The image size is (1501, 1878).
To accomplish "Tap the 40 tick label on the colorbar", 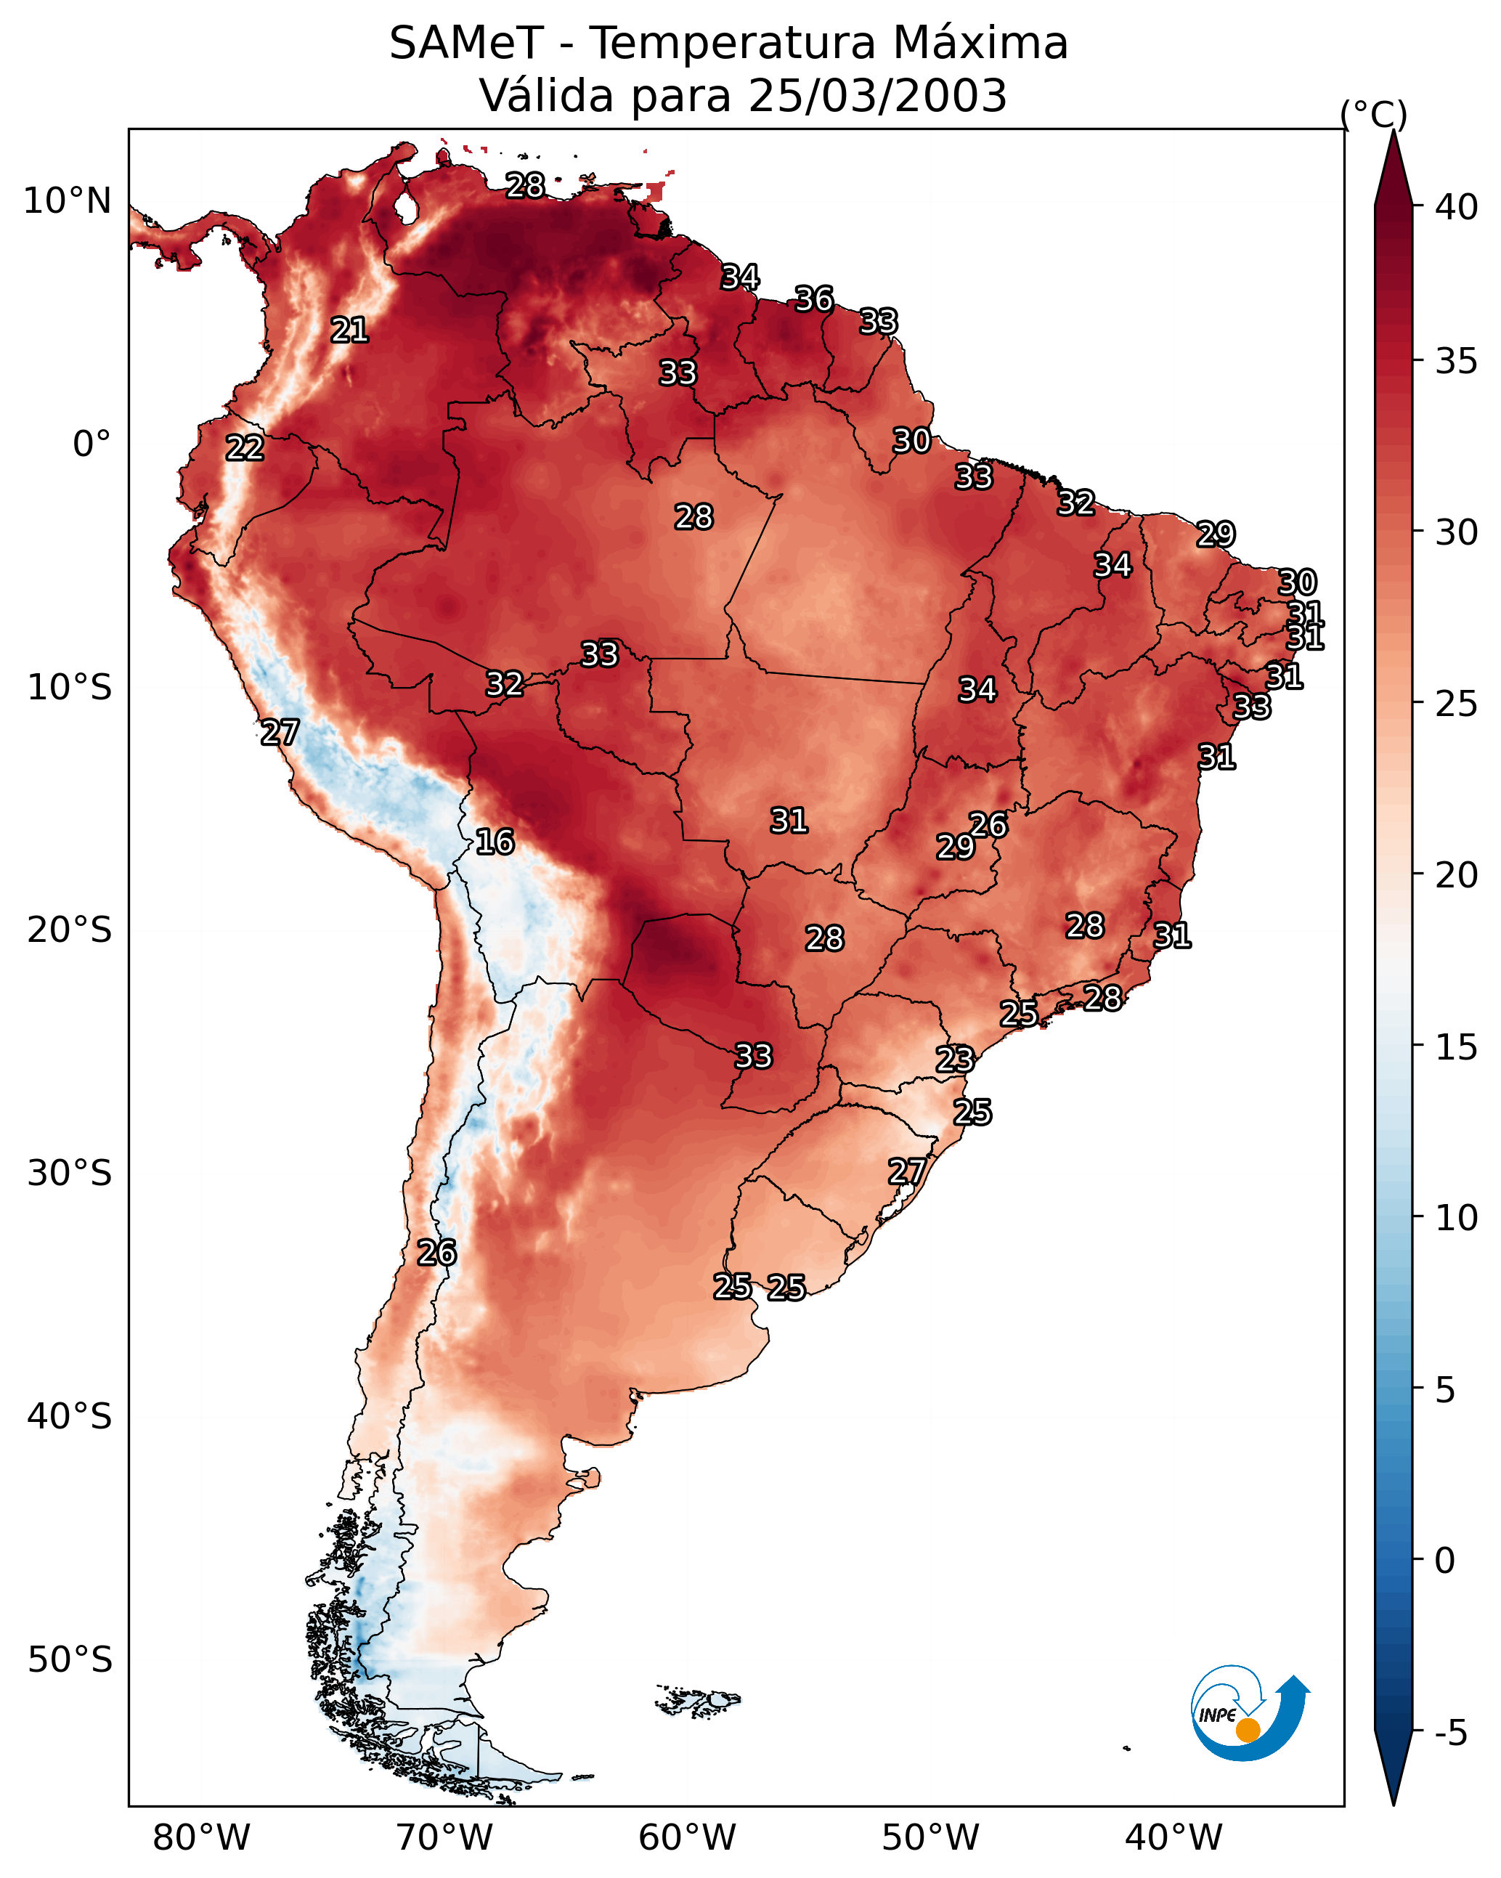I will (1457, 207).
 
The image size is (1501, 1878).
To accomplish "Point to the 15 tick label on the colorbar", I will (1457, 1047).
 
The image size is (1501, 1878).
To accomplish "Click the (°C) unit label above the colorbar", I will (1374, 114).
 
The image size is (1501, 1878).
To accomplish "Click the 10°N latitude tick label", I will (67, 201).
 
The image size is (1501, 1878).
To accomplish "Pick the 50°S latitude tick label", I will (70, 1660).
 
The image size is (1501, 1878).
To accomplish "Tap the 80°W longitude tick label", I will (201, 1838).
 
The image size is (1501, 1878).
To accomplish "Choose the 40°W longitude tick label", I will (1174, 1838).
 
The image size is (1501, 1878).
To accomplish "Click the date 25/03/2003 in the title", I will (877, 96).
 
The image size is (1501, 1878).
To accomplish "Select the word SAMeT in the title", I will (467, 44).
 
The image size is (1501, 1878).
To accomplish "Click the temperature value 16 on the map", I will (495, 842).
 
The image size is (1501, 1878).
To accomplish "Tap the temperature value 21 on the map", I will (349, 330).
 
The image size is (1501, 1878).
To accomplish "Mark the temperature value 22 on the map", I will (245, 449).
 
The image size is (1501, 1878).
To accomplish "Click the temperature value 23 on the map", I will (955, 1060).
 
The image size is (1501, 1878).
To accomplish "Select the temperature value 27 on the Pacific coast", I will (280, 733).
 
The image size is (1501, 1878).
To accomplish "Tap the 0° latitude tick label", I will (91, 444).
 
